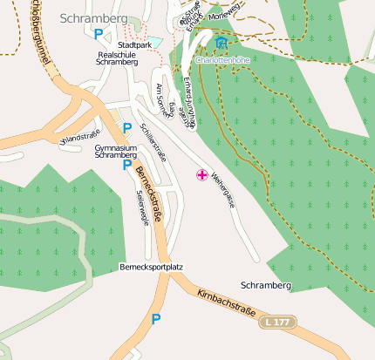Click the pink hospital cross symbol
pyautogui.click(x=202, y=176)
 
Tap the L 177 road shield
pyautogui.click(x=276, y=323)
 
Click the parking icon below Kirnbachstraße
pyautogui.click(x=156, y=320)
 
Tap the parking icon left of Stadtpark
pyautogui.click(x=98, y=33)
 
